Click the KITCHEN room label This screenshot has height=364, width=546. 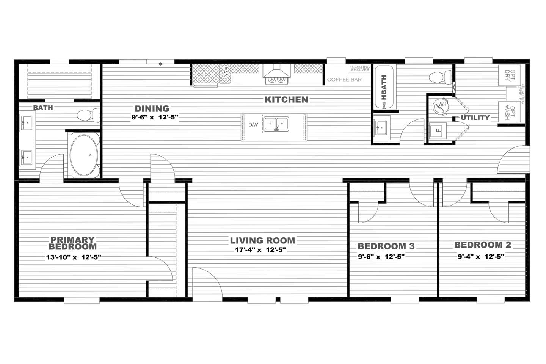pos(286,99)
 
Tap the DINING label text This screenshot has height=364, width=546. pos(152,108)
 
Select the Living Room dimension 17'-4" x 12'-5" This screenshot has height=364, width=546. pos(260,249)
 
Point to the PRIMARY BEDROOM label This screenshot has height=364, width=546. pos(73,243)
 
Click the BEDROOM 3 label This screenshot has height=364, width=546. pos(386,246)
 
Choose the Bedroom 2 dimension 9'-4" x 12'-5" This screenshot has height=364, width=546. pos(481,256)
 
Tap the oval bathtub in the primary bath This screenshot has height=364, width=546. pos(84,155)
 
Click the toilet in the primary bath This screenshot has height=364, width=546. pos(88,115)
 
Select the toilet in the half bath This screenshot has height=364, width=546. pos(440,77)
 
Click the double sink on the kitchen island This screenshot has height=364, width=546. pos(276,124)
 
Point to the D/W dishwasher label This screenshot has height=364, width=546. pos(253,125)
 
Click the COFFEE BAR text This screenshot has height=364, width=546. pos(344,80)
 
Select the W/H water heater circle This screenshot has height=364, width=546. pos(441,106)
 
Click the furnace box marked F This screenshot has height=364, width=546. pos(438,131)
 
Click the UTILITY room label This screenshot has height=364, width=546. pos(475,118)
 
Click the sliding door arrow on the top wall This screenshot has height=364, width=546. pos(160,64)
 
